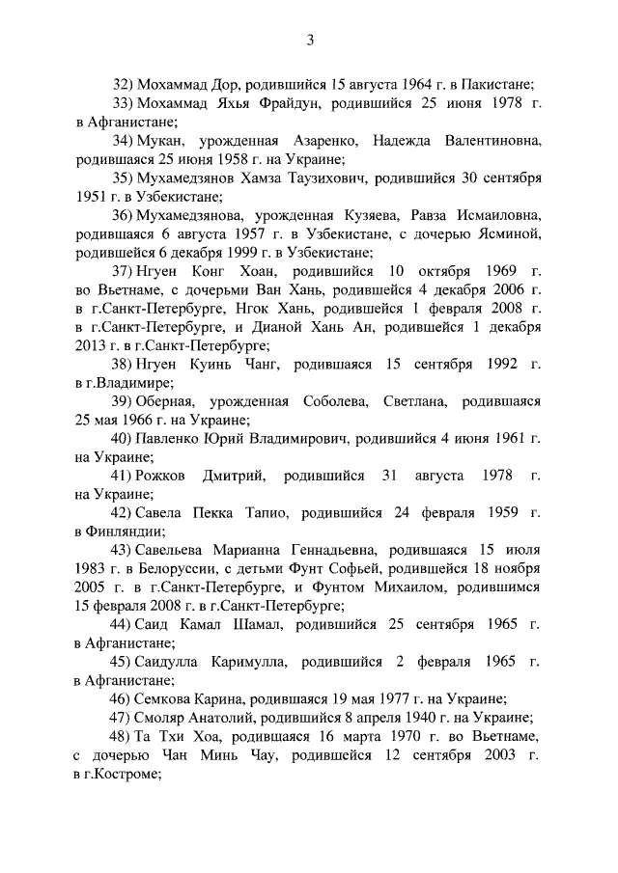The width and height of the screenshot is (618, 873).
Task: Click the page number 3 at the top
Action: [x=309, y=40]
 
